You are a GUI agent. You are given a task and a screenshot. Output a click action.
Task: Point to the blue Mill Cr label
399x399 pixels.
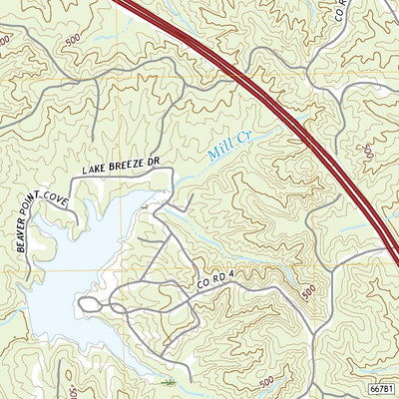click(228, 146)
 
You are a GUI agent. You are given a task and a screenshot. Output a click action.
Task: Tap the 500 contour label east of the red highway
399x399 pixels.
click(368, 152)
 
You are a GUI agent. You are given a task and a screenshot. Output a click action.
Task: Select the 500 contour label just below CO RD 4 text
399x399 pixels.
click(306, 292)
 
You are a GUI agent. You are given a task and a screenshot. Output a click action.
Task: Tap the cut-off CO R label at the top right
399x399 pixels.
click(340, 11)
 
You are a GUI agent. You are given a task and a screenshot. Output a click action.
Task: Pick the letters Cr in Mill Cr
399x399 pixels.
click(241, 137)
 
